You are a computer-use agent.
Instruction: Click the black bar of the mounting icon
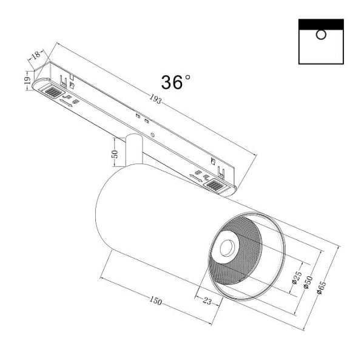coord(322,24)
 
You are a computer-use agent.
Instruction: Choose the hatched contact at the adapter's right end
coord(217,185)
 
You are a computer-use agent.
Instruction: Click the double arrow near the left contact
coord(64,103)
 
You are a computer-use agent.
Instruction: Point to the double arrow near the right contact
coord(197,178)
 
